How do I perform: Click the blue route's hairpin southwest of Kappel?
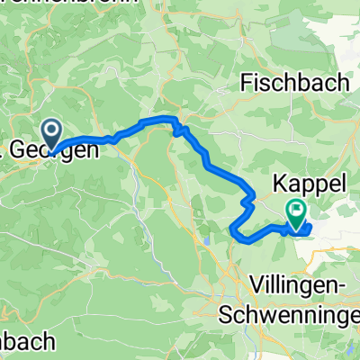pos(235,231)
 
